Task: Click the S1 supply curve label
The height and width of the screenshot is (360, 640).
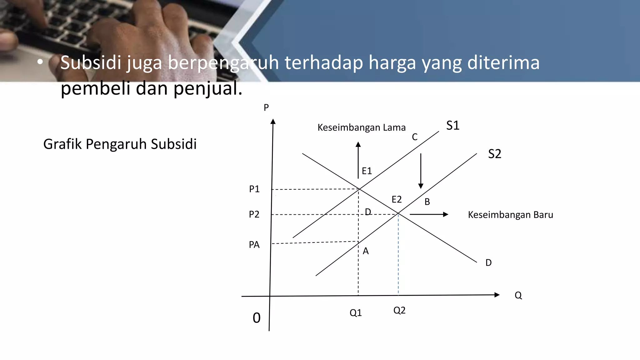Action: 452,126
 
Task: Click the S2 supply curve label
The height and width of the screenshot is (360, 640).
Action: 494,154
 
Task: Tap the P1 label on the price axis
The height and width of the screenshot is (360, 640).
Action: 254,189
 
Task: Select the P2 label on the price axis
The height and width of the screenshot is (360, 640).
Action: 254,214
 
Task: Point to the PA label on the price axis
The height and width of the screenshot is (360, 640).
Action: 254,245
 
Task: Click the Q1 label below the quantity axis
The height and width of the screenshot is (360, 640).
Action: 356,313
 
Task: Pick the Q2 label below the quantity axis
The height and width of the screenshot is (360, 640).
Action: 399,310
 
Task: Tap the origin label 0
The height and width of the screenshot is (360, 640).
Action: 257,318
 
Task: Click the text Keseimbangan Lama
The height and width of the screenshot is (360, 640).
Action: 361,127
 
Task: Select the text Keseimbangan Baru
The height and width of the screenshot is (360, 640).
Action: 510,215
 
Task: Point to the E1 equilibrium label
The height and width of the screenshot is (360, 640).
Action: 367,171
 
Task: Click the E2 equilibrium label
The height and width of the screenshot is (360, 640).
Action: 397,199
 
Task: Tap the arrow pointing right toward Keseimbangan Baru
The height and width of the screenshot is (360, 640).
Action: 429,214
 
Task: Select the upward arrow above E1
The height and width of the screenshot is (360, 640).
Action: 358,160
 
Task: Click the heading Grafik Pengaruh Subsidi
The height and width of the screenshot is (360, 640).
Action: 120,144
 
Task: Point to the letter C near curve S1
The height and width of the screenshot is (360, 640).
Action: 415,137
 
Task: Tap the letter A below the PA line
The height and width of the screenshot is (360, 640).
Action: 366,251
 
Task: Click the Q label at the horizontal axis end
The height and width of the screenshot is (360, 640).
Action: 518,295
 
